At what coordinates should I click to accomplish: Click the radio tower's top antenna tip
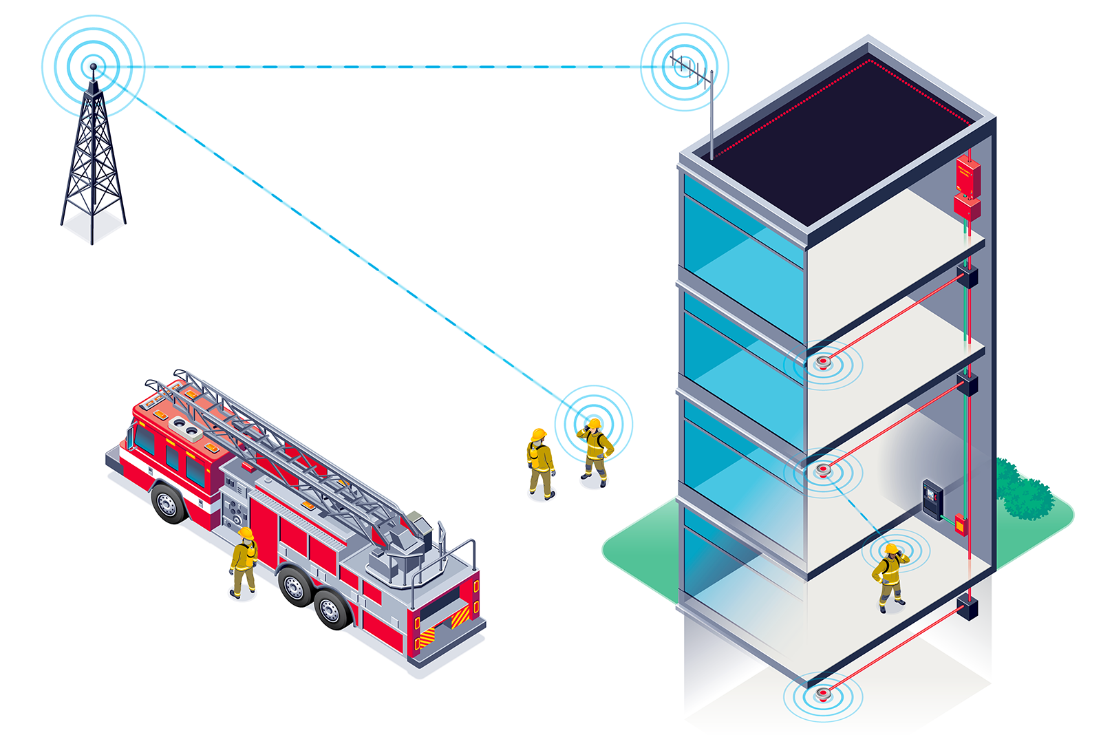(94, 67)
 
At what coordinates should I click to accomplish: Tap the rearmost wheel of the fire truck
(334, 609)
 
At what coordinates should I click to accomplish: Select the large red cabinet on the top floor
(968, 176)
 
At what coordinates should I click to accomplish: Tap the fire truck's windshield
(145, 439)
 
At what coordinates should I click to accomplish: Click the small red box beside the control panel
(960, 524)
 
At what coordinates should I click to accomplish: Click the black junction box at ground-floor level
(968, 607)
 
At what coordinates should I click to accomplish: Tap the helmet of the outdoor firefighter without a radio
(539, 434)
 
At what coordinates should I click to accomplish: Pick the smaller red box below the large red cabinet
(966, 207)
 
